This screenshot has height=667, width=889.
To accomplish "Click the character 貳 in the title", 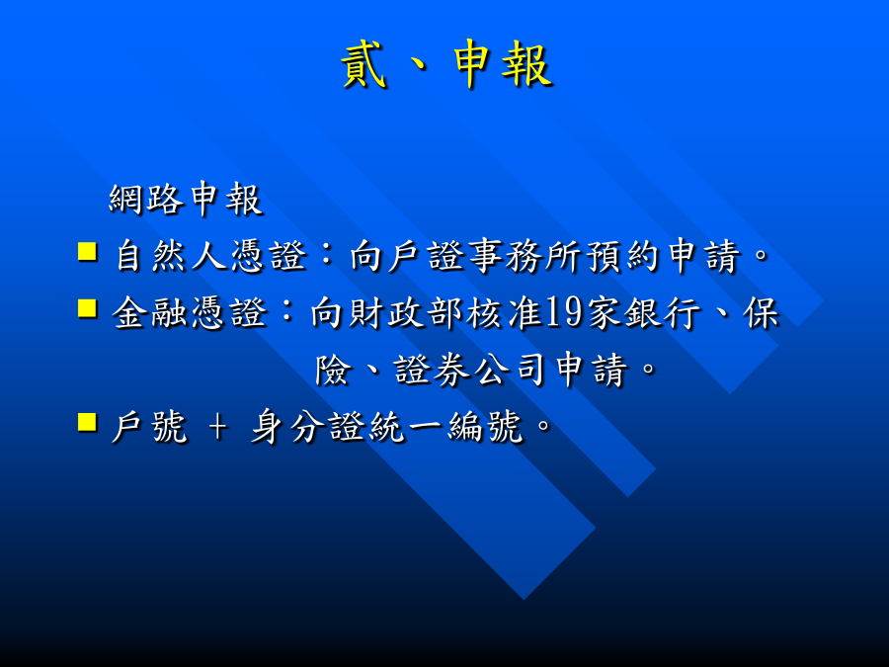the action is [x=364, y=64].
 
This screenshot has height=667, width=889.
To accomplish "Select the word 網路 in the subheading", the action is [x=146, y=199].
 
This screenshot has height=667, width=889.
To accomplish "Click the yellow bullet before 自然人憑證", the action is [x=87, y=252].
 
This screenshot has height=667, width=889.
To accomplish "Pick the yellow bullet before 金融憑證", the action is [x=87, y=308].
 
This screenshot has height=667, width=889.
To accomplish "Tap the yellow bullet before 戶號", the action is [x=87, y=422].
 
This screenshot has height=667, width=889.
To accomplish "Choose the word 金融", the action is [x=149, y=312].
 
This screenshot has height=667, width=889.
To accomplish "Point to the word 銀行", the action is [x=662, y=312].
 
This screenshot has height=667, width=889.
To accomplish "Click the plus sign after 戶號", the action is [x=217, y=427].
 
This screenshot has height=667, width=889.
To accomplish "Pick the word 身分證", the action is [x=308, y=426].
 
